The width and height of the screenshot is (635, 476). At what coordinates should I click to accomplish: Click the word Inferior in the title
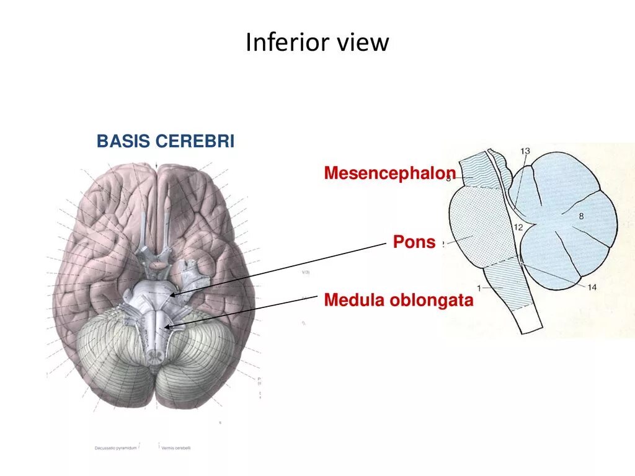(x=286, y=43)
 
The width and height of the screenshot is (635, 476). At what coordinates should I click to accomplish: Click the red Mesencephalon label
(x=390, y=174)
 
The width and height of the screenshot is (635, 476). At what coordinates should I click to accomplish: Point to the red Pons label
(x=414, y=242)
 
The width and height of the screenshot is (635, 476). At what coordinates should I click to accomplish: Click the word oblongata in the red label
(x=432, y=301)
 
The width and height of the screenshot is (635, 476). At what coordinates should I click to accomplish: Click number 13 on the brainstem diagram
(x=525, y=151)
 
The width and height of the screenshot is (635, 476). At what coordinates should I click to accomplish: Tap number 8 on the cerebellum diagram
(x=581, y=216)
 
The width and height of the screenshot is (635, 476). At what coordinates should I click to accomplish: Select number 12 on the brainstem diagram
(x=518, y=227)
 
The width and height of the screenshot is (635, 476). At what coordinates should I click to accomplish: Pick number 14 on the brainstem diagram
(x=592, y=286)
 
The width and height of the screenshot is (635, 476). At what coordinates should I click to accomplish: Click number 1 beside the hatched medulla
(x=479, y=287)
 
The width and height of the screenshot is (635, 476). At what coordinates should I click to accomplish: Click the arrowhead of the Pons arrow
(x=174, y=294)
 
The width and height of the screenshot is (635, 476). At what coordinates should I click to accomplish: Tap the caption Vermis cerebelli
(x=175, y=447)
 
